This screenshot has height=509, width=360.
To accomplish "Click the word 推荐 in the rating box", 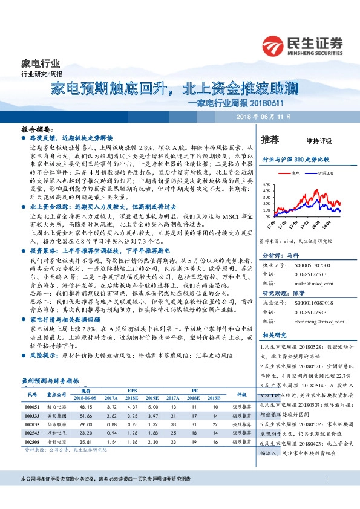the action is tap(270, 140).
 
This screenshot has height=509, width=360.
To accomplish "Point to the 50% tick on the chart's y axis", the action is tap(266, 183).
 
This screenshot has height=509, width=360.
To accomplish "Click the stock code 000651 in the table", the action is tap(33, 407).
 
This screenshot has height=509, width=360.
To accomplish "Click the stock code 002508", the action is tap(33, 442).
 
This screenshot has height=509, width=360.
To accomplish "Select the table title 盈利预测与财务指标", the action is tap(50, 381).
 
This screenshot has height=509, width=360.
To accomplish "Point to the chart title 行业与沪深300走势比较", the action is tap(295, 160).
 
